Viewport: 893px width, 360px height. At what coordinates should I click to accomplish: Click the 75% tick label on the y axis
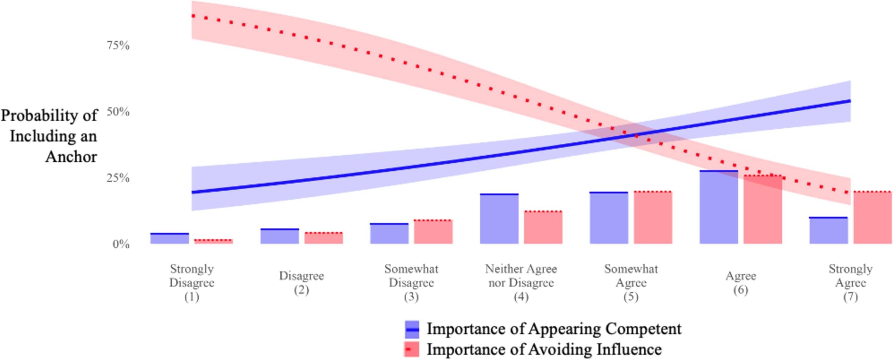(x=118, y=45)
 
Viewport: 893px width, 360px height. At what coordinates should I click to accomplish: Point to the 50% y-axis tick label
(x=118, y=112)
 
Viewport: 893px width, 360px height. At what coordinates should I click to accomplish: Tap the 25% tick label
(x=118, y=178)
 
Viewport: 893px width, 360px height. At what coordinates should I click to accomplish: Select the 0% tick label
(x=121, y=244)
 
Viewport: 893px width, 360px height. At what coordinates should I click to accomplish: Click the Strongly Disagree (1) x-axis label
(x=192, y=283)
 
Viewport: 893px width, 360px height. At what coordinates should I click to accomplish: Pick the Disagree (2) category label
(x=301, y=283)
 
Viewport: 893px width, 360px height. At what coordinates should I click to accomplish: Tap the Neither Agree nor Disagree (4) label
(x=521, y=283)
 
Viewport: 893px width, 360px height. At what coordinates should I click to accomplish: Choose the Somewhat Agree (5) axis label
(x=631, y=283)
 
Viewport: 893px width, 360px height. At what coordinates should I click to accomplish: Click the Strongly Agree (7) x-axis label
(x=850, y=283)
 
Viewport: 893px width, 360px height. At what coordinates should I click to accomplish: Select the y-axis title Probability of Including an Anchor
(x=49, y=136)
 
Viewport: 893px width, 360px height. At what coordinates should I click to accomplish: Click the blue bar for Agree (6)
(x=719, y=207)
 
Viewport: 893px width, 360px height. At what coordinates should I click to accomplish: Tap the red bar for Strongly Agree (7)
(x=872, y=218)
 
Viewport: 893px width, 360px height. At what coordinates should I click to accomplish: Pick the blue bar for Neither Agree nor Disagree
(x=499, y=219)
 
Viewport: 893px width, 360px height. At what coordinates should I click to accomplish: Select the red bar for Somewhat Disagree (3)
(x=433, y=232)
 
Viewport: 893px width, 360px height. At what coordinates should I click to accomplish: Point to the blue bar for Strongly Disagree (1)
(x=170, y=239)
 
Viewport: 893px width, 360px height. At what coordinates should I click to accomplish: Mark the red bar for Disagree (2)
(x=323, y=238)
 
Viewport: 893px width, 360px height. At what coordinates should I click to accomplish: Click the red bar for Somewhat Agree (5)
(x=653, y=217)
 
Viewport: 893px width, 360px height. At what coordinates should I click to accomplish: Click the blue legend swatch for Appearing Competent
(x=412, y=329)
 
